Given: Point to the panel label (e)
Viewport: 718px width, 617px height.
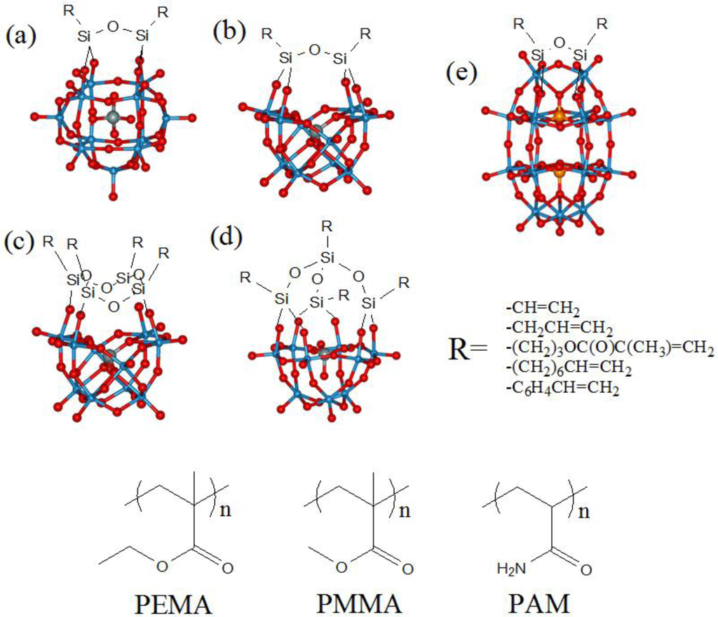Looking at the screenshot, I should (463, 72).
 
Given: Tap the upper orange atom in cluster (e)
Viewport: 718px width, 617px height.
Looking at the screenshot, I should (559, 116).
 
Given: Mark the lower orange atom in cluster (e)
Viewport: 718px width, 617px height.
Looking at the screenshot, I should (559, 170).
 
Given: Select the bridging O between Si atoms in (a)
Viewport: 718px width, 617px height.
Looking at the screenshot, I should (114, 29).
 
